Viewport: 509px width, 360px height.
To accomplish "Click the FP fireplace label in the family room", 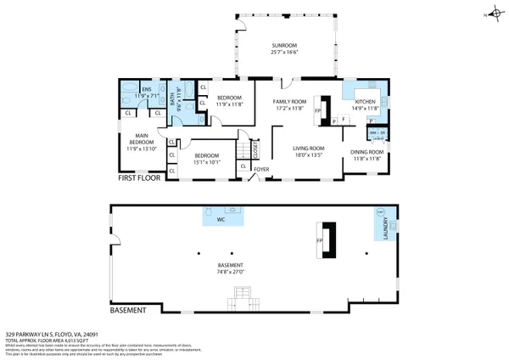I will point(317,110).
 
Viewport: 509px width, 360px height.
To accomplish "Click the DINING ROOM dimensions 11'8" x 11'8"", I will point(367,159).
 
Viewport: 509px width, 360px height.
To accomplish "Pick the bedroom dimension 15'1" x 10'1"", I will point(207,162).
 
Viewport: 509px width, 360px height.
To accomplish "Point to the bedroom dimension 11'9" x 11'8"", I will point(229,105).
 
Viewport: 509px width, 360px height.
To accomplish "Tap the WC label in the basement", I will point(220,219).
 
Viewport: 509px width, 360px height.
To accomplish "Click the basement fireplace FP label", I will point(318,241).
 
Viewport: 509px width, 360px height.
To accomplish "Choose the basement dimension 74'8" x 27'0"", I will point(231,272).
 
